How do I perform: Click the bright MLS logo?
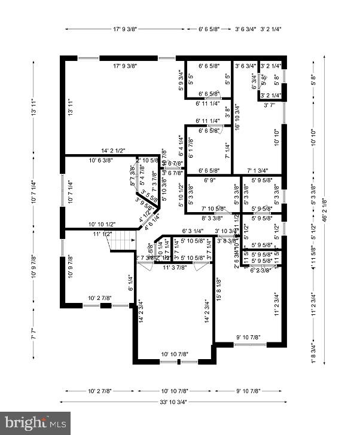[35, 423]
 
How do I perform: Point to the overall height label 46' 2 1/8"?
[325, 210]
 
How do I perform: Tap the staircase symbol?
[123, 242]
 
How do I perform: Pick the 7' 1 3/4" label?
[258, 170]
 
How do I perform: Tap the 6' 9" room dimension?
[209, 179]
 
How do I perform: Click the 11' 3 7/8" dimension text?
[175, 267]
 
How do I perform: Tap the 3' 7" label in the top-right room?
[269, 105]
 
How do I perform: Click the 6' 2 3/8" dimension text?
[261, 269]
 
